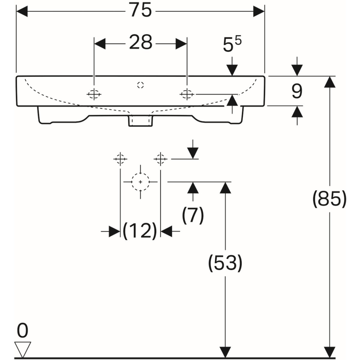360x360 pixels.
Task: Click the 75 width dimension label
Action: pyautogui.click(x=140, y=11)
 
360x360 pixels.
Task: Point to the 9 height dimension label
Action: pyautogui.click(x=297, y=91)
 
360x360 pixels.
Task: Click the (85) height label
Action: pyautogui.click(x=329, y=199)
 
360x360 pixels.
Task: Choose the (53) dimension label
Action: pyautogui.click(x=225, y=263)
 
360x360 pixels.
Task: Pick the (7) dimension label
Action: pyautogui.click(x=193, y=215)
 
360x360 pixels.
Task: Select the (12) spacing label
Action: pyautogui.click(x=140, y=231)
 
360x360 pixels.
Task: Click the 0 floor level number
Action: pyautogui.click(x=22, y=331)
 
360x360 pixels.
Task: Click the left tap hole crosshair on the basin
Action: pyautogui.click(x=94, y=95)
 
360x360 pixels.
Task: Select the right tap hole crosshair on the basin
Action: pyautogui.click(x=187, y=95)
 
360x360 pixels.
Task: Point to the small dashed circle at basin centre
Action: pyautogui.click(x=140, y=85)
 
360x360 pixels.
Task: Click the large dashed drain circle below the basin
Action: pyautogui.click(x=140, y=182)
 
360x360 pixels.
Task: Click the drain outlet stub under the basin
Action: pyautogui.click(x=140, y=121)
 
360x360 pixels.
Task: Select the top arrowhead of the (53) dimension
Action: pyautogui.click(x=225, y=187)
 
